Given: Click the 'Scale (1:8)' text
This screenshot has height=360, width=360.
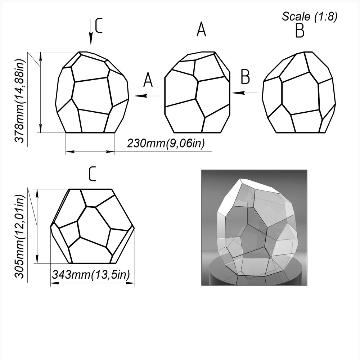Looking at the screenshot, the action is coord(310,17).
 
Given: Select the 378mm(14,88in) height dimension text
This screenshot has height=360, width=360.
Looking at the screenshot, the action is coord(19,101).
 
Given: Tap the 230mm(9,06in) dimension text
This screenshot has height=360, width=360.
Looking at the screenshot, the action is coord(166,144).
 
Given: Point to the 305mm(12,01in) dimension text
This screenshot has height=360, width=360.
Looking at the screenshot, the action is coord(19,237).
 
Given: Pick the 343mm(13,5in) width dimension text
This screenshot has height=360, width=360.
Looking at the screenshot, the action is coord(91,274).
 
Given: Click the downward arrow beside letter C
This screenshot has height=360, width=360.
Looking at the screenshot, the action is coord(91,32).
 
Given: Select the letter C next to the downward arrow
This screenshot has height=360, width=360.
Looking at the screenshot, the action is coord(99,26).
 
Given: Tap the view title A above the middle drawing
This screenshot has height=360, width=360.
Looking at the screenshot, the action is coord(201,29).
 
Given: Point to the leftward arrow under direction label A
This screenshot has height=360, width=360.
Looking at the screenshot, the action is coord(147,96).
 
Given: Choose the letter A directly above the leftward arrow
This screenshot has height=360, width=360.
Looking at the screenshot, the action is coord(148,80).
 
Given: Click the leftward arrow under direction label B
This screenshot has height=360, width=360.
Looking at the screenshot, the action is coord(245,93).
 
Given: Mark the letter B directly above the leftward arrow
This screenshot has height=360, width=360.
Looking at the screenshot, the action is coord(245,77).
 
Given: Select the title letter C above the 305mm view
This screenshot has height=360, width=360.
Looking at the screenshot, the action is coord(92,174).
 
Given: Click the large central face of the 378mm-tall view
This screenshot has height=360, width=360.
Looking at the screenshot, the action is coord(92,96).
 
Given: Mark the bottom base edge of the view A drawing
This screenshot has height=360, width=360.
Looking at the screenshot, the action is coord(197,133).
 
